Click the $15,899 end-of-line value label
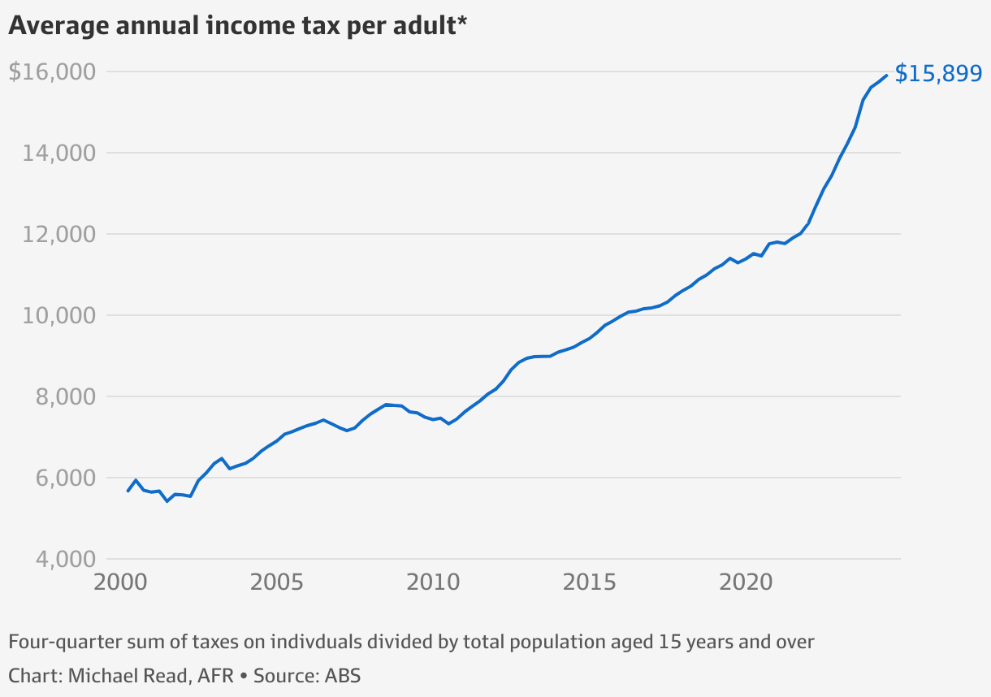click(x=938, y=74)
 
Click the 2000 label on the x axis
click(x=120, y=582)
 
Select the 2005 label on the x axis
click(x=277, y=582)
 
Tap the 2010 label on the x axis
click(x=434, y=582)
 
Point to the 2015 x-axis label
click(x=591, y=582)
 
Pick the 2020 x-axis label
click(x=747, y=582)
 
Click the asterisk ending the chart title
click(x=461, y=22)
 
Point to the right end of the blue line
click(x=886, y=76)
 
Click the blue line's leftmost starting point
click(x=128, y=491)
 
